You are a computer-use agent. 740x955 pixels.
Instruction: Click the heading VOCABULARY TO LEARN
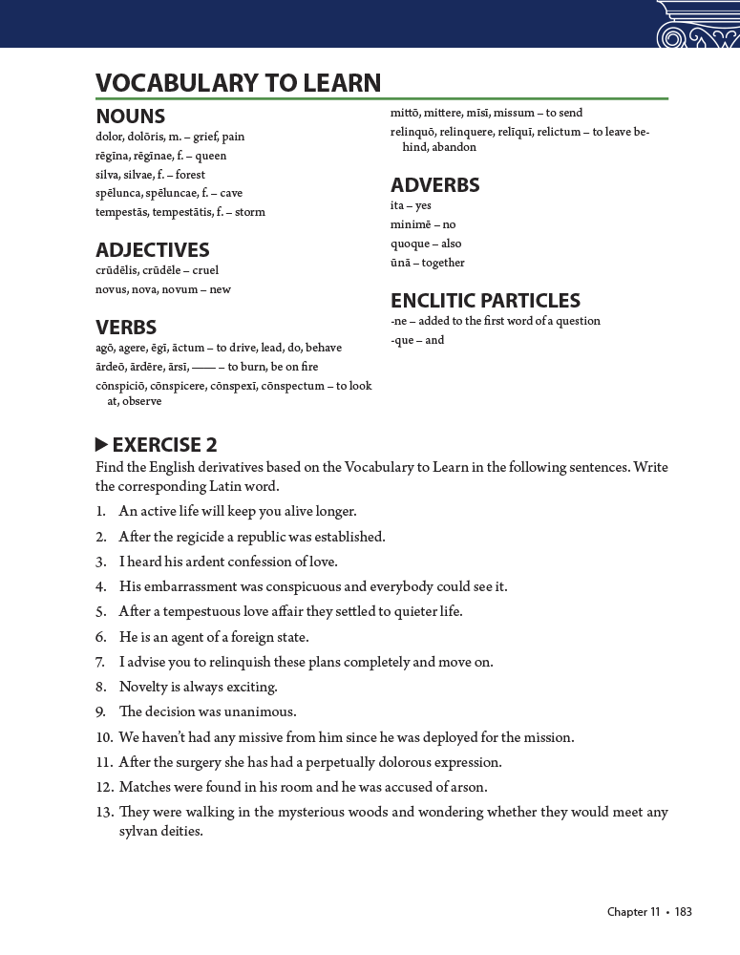[x=238, y=83]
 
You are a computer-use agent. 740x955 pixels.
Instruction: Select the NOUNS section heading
[x=131, y=117]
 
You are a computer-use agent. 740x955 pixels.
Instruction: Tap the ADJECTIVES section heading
[x=153, y=250]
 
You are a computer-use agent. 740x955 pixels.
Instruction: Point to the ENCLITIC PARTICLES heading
[x=485, y=301]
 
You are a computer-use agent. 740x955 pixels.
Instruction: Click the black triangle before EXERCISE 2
[x=102, y=444]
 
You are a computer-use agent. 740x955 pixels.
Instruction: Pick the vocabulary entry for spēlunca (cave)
[x=169, y=193]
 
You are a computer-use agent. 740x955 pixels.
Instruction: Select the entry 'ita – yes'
[x=411, y=205]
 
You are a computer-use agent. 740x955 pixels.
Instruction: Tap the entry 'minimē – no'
[x=423, y=224]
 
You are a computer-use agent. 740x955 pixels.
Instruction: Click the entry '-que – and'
[x=417, y=340]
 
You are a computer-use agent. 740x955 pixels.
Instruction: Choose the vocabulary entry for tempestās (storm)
[x=180, y=212]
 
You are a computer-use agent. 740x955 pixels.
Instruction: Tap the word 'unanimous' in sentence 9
[x=260, y=712]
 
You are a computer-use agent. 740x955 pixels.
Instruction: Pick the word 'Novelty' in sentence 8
[x=142, y=688]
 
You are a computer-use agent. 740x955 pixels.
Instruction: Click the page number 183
[x=683, y=912]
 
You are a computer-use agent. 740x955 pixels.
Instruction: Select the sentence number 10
[x=104, y=737]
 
